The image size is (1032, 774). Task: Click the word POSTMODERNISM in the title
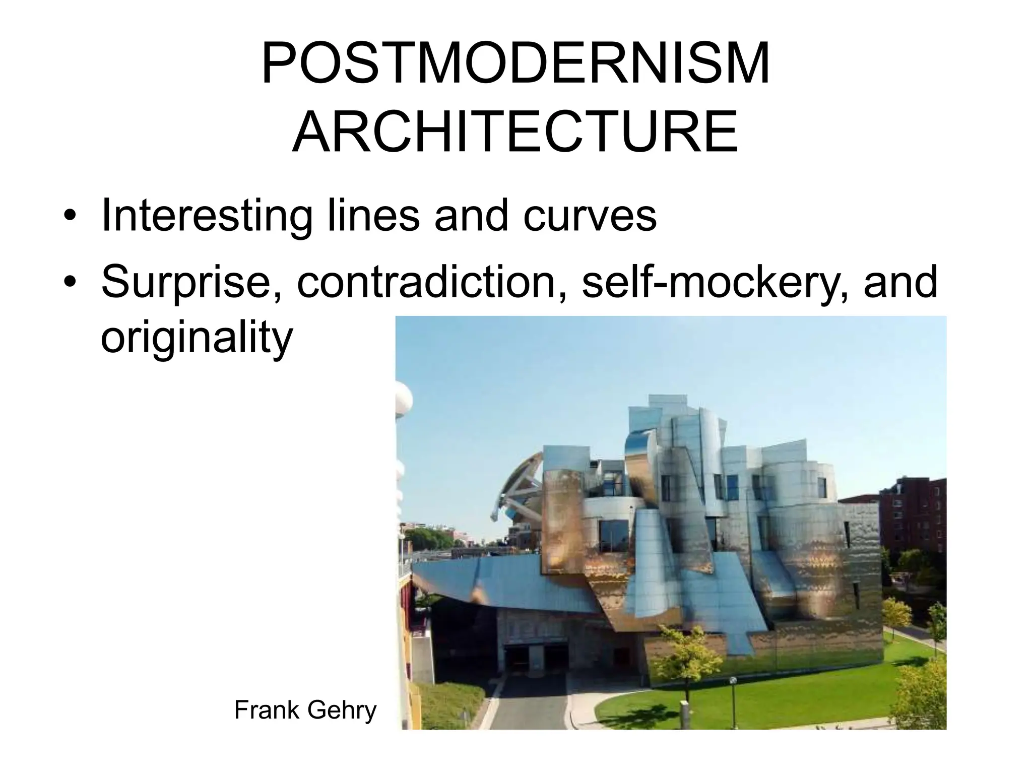click(515, 64)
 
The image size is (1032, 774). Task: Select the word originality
click(197, 338)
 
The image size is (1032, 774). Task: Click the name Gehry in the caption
click(341, 710)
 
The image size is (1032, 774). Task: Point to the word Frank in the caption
click(266, 710)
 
